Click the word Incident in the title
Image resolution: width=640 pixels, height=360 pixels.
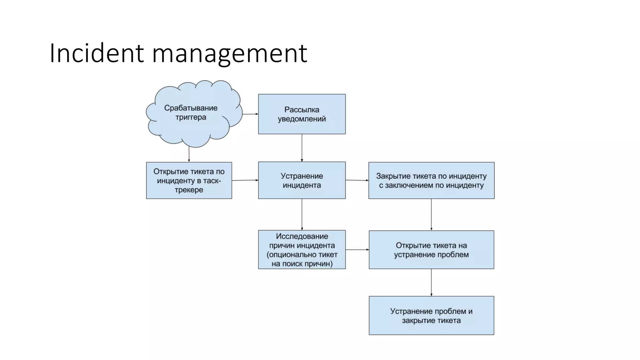(97, 53)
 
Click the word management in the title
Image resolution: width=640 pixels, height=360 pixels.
(230, 54)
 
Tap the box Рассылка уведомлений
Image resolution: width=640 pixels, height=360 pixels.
(302, 114)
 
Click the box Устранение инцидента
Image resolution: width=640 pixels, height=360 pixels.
(302, 180)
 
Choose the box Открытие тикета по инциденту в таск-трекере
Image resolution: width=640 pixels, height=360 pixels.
(189, 180)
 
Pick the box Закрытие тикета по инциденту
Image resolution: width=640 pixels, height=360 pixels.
(431, 180)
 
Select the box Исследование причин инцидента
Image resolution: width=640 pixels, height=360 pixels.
(302, 250)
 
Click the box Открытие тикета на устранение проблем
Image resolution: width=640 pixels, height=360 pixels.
(431, 250)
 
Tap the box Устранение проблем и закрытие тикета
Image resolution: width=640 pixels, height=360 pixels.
(431, 316)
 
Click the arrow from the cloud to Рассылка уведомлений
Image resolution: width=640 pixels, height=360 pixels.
(250, 114)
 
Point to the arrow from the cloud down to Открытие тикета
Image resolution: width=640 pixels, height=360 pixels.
(189, 154)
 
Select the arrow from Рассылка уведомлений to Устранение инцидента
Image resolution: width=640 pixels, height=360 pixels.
(302, 148)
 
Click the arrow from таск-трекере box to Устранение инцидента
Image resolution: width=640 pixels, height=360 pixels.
(245, 180)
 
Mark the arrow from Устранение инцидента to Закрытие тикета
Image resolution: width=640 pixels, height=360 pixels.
(357, 180)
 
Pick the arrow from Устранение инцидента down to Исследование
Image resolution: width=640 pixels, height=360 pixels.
(302, 214)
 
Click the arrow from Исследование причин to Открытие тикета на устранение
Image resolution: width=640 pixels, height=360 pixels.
(357, 250)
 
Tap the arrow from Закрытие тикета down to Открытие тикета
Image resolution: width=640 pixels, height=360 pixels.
(431, 214)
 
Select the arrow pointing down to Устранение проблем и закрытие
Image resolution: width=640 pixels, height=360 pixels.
(431, 282)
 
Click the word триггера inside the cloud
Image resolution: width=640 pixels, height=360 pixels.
(191, 117)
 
